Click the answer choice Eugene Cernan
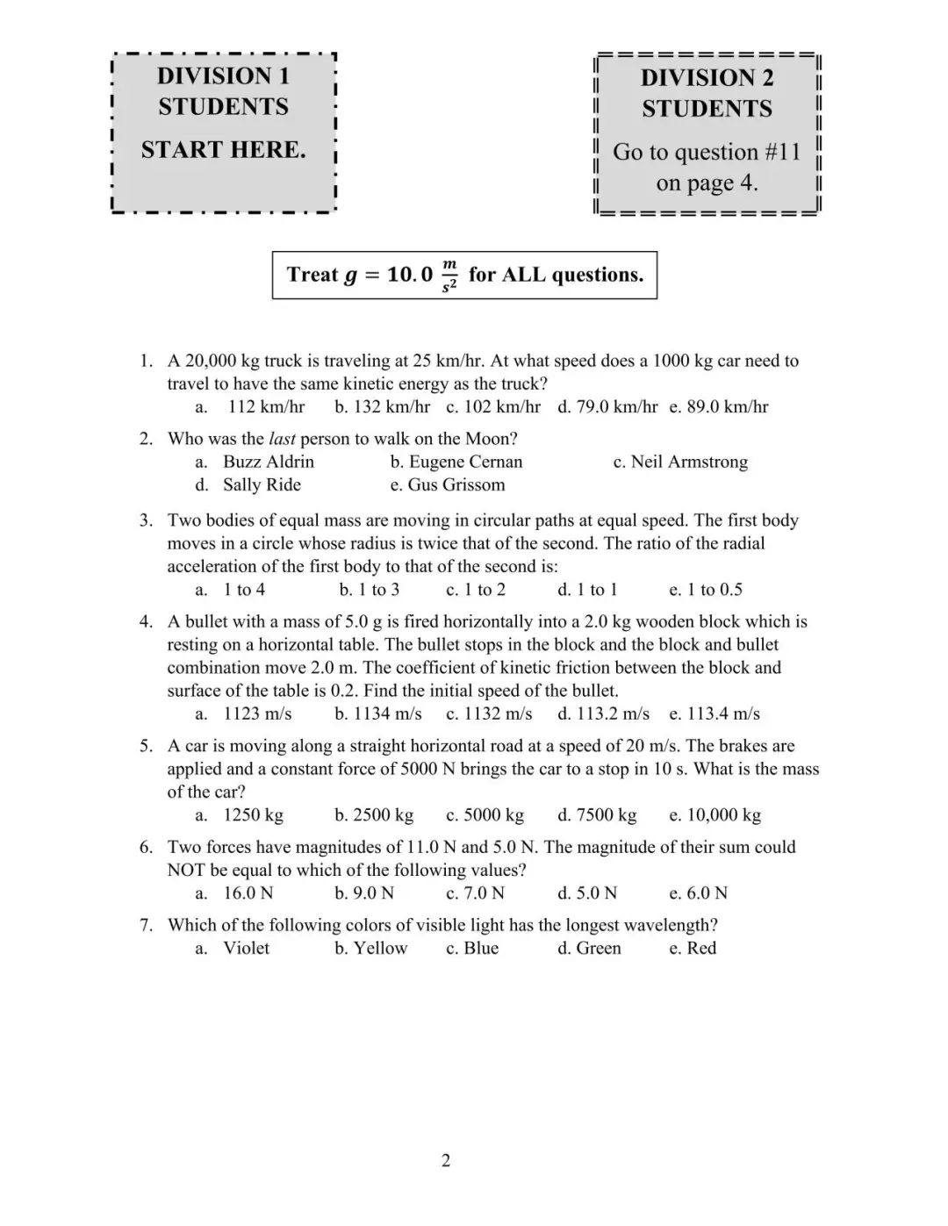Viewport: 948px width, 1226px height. (x=465, y=462)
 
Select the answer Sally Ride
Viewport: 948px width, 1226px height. (x=262, y=484)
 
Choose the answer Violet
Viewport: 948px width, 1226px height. (x=246, y=948)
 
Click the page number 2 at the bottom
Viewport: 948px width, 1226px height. (x=446, y=1161)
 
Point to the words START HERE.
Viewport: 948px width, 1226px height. (x=224, y=150)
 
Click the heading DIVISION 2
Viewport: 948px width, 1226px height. (x=707, y=78)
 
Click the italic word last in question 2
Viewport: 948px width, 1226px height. (x=281, y=439)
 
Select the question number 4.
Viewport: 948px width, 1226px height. (x=146, y=622)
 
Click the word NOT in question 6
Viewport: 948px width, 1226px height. (x=186, y=871)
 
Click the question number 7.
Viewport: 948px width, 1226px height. (x=146, y=925)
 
